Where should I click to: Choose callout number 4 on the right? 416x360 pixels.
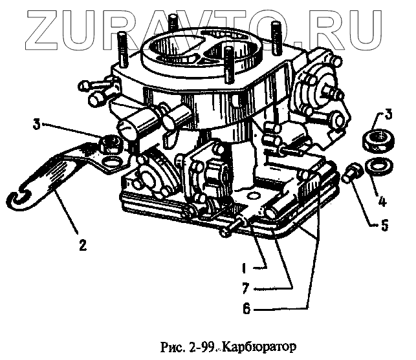tap(382, 201)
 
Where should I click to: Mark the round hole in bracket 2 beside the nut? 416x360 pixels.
tap(111, 158)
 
